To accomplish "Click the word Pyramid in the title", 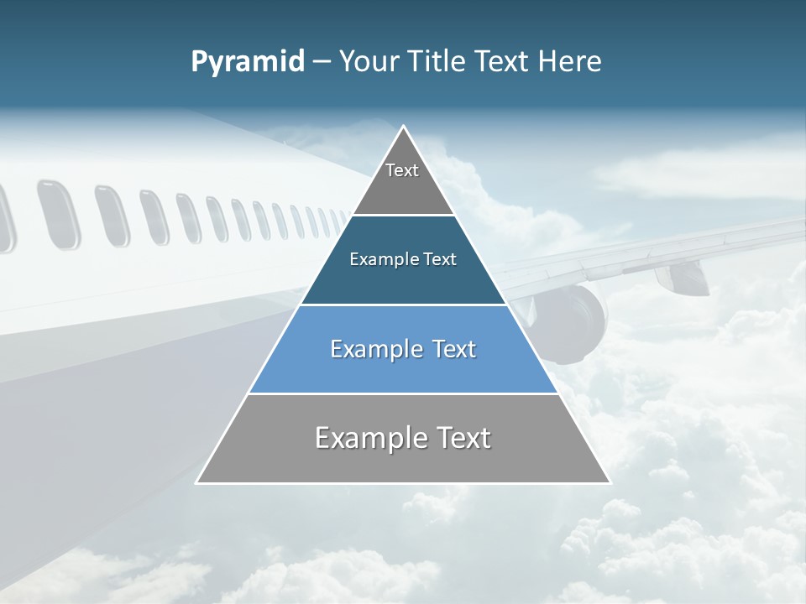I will [x=248, y=62].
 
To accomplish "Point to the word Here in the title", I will [x=571, y=61].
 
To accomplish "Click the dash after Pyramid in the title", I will [x=321, y=62].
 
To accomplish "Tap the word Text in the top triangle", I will [x=402, y=170].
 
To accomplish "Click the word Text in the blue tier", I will [x=453, y=349].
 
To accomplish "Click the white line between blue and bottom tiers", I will [x=403, y=393].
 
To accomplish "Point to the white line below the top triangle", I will [x=403, y=216].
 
